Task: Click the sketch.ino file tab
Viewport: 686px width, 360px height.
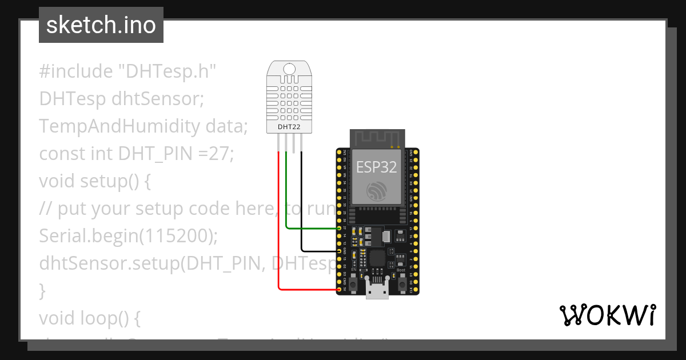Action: coord(101,25)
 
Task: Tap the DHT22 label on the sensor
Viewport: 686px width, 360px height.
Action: coord(289,126)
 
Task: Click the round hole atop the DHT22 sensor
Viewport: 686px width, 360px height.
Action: coord(290,69)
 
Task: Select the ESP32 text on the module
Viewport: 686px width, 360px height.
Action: coord(377,167)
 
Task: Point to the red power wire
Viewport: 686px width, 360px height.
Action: coord(278,229)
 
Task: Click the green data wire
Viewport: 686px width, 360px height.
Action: coord(312,229)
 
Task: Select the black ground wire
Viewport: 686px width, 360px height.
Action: coord(301,206)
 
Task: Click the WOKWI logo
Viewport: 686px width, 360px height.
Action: coord(607,315)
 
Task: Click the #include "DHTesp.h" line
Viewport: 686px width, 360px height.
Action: coord(128,71)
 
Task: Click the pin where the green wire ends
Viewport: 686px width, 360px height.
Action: coord(340,229)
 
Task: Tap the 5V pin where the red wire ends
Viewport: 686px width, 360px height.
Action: coord(340,290)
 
